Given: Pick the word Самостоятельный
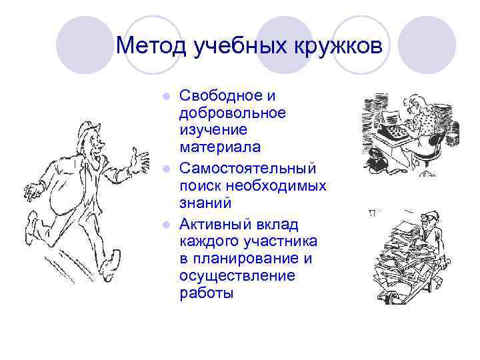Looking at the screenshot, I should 247,166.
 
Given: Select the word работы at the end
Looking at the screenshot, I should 207,293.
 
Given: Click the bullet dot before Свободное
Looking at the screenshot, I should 169,97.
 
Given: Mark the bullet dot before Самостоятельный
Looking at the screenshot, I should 169,167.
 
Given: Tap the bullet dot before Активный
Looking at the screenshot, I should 169,223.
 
